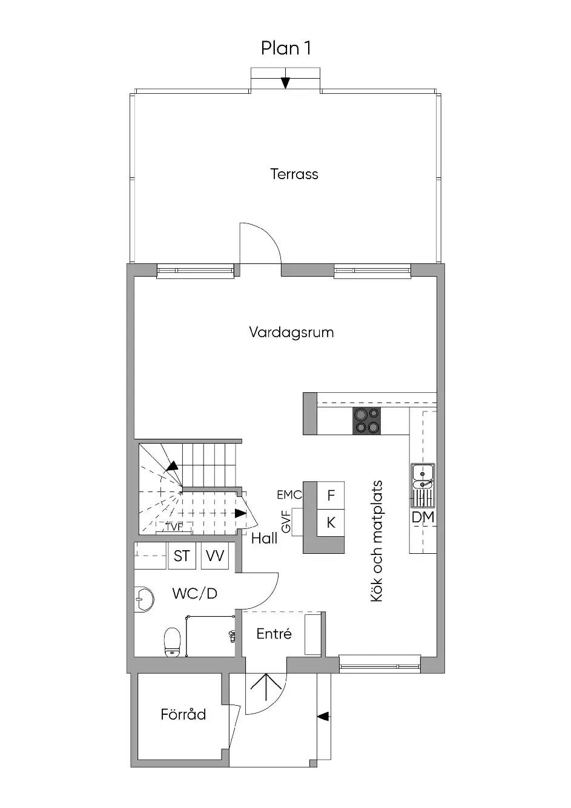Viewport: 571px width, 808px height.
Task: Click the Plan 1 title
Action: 286,48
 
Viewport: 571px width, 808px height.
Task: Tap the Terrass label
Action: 294,174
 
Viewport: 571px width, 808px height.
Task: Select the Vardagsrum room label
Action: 291,332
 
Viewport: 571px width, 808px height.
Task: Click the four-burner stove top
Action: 367,420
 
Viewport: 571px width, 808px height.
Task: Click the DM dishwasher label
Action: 423,517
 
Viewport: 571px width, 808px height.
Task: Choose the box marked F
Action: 331,495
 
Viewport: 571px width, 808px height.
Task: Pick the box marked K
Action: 331,523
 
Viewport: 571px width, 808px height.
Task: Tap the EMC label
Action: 289,495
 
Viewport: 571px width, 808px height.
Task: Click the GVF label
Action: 286,522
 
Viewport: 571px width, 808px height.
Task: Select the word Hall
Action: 264,539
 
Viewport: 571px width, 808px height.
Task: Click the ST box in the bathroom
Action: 182,556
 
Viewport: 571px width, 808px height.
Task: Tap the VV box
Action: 215,556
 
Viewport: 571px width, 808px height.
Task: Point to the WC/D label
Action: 195,593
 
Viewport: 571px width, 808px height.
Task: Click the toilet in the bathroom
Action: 172,642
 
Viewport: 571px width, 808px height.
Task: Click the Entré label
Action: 274,634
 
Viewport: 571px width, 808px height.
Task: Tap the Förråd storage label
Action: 183,714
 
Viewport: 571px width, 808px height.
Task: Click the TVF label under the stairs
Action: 175,527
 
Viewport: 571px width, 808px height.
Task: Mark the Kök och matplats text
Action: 377,541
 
